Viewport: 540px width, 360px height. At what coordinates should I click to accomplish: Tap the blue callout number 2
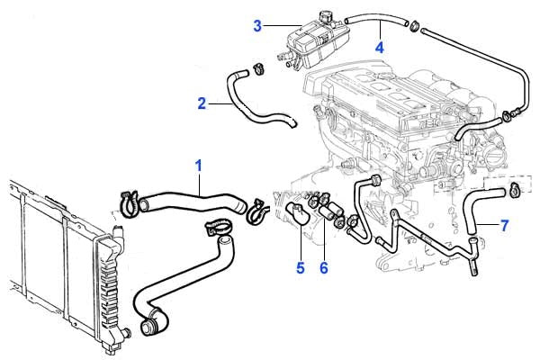pyautogui.click(x=202, y=103)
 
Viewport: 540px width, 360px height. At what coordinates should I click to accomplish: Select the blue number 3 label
pyautogui.click(x=257, y=25)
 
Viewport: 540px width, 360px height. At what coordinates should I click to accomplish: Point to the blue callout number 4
pyautogui.click(x=380, y=48)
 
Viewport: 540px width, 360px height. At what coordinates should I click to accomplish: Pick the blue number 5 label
pyautogui.click(x=301, y=266)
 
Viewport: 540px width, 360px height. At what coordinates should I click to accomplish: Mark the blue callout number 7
pyautogui.click(x=506, y=224)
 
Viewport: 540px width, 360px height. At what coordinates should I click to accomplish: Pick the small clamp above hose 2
pyautogui.click(x=258, y=66)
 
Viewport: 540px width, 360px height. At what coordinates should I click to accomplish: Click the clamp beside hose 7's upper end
pyautogui.click(x=515, y=188)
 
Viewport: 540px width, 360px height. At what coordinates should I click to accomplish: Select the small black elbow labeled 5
pyautogui.click(x=293, y=213)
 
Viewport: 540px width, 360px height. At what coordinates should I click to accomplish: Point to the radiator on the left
pyautogui.click(x=54, y=261)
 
